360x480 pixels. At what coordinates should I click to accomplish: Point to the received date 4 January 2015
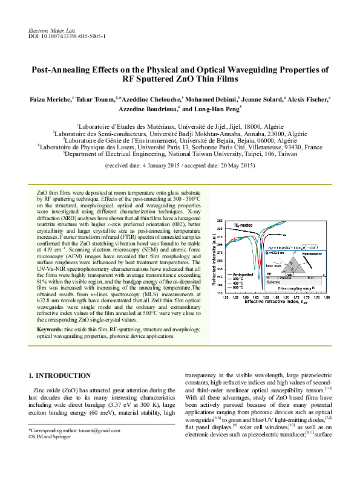(159, 165)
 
